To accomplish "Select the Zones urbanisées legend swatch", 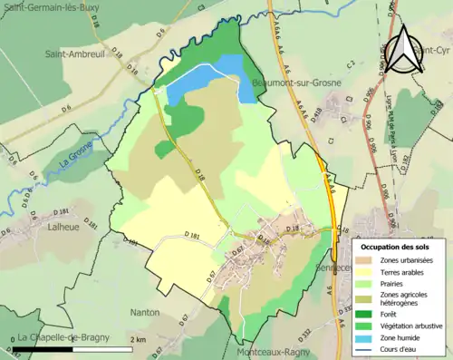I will coord(367,261).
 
